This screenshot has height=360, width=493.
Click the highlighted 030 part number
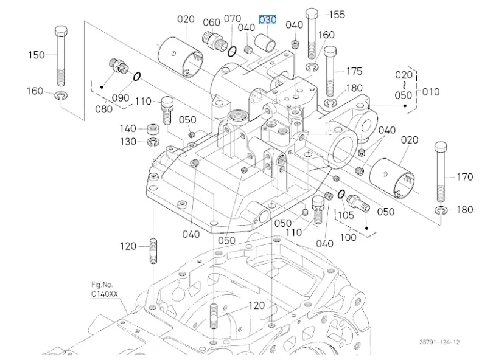(268, 20)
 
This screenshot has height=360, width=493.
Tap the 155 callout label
(337, 14)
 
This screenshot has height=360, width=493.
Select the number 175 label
(354, 71)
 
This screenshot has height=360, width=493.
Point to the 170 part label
(464, 178)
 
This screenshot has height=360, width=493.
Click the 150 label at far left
(37, 55)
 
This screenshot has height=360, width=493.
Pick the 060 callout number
(211, 22)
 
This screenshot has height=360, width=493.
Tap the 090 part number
(121, 97)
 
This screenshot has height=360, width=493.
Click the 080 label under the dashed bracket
(103, 109)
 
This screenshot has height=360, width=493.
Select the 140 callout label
(127, 128)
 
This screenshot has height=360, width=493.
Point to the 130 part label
(127, 142)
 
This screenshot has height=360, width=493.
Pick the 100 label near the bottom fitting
(348, 237)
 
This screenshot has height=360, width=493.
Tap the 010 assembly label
(431, 92)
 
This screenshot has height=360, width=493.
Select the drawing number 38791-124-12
(439, 343)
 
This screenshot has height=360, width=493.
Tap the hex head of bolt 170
(442, 148)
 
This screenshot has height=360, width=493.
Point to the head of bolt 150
(61, 31)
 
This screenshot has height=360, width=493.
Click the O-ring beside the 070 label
(232, 50)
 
